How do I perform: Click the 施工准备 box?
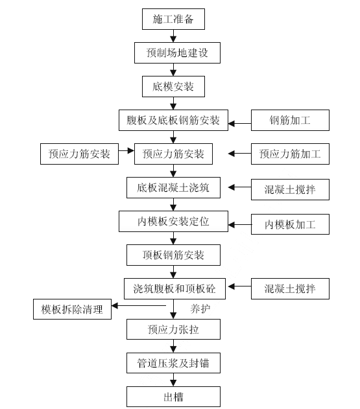173,19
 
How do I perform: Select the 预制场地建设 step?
173,53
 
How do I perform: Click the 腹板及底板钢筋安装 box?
173,120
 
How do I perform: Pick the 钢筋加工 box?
290,121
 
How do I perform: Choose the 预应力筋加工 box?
290,154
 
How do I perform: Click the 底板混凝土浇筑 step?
173,188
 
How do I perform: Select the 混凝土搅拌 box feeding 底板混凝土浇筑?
290,190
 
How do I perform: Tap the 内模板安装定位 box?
173,222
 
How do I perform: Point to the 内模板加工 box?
290,224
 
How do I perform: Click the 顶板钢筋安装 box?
173,255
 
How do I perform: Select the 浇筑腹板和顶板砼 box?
173,287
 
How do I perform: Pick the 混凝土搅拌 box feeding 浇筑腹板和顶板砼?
290,288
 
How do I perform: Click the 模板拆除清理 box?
72,309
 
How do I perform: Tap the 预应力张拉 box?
173,329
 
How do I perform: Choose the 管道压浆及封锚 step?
173,363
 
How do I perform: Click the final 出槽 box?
173,396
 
